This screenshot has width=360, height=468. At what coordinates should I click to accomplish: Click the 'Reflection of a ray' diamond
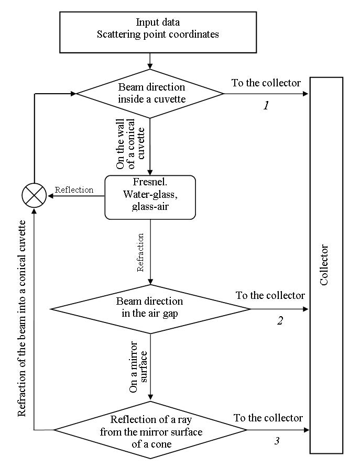pyautogui.click(x=150, y=430)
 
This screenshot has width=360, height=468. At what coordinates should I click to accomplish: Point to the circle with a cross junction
pyautogui.click(x=34, y=196)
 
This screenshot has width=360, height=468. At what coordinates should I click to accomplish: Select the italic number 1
pyautogui.click(x=266, y=106)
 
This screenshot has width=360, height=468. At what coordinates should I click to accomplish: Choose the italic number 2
pyautogui.click(x=280, y=321)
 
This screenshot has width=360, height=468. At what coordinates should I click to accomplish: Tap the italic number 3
pyautogui.click(x=277, y=441)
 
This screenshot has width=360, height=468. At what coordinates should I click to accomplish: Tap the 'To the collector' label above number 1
pyautogui.click(x=266, y=83)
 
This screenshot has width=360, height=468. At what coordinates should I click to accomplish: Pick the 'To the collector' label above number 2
pyautogui.click(x=270, y=295)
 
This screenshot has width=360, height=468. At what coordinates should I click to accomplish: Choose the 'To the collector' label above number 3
pyautogui.click(x=268, y=418)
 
